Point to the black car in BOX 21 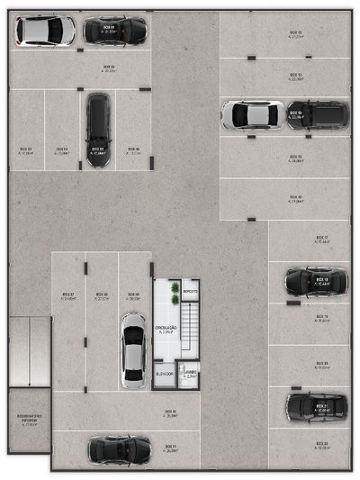(x=317, y=408)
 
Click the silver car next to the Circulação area (x=132, y=347)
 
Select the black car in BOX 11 (x=119, y=448)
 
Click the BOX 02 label (x=109, y=67)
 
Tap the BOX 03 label (x=26, y=149)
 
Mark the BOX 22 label (x=321, y=444)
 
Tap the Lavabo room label (x=190, y=374)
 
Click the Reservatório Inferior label (x=29, y=418)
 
